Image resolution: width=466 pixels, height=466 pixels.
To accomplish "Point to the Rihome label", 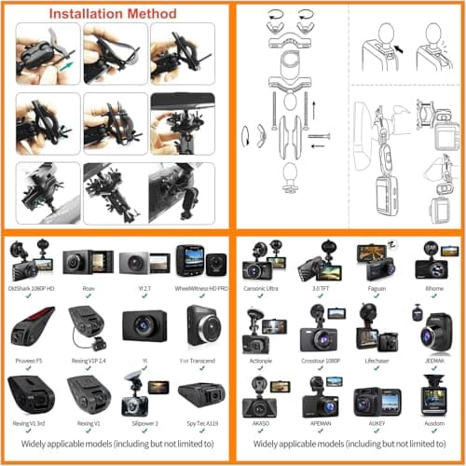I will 434,288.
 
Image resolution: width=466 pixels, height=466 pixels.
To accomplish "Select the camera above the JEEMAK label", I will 434,327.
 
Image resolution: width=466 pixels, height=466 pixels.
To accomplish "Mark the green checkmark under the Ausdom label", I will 434,434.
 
